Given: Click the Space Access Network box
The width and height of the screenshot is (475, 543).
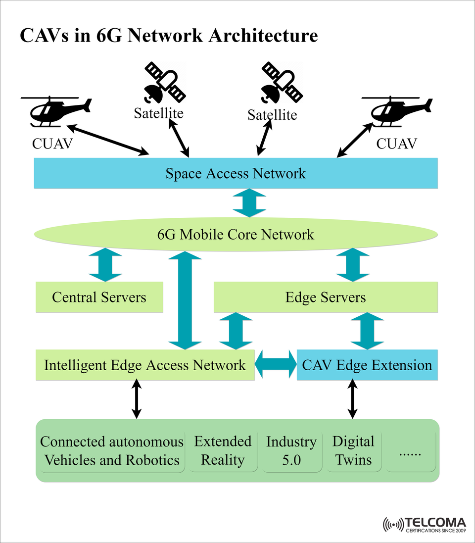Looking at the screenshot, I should coord(236,173).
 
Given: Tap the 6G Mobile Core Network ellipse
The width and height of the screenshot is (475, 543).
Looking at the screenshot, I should coord(236,234).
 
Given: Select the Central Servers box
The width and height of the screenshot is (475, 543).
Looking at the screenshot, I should coord(99,297).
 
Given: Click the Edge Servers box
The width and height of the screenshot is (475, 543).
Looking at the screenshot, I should coord(326,297).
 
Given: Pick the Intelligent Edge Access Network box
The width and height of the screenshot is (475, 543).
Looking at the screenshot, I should coord(144,365).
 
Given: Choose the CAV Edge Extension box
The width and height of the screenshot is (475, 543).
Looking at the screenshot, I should coord(367,365).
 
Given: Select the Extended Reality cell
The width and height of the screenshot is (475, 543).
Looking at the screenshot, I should coord(223,450).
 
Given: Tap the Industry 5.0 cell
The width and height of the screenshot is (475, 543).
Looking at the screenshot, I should coord(291,450).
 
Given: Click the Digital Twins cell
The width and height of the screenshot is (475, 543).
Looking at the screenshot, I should coord(353,450).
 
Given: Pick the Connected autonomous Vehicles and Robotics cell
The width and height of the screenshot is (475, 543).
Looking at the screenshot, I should coord(112,450).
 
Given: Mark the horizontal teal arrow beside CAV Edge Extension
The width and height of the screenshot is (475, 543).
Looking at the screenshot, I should coord(276,365).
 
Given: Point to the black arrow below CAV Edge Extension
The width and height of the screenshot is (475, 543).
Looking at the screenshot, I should coord(352,399).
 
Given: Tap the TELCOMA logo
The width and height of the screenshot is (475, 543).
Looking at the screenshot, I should coord(425,525).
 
